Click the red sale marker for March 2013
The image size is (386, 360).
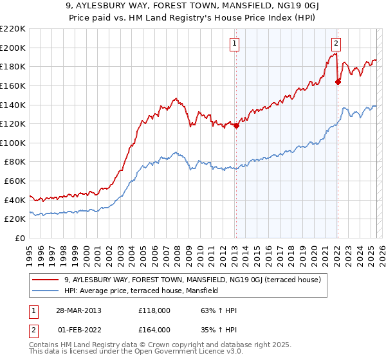coord(236,126)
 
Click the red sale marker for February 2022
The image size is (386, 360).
coord(338,81)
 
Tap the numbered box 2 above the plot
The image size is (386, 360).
coord(336,44)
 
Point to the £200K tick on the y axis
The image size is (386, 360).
coord(14,48)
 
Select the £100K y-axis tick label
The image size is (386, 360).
coord(14,143)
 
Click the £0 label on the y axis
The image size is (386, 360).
coord(21,238)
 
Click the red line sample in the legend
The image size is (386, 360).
coord(45,280)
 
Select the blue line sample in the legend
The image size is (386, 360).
coord(45,291)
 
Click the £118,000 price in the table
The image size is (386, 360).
coord(154,310)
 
